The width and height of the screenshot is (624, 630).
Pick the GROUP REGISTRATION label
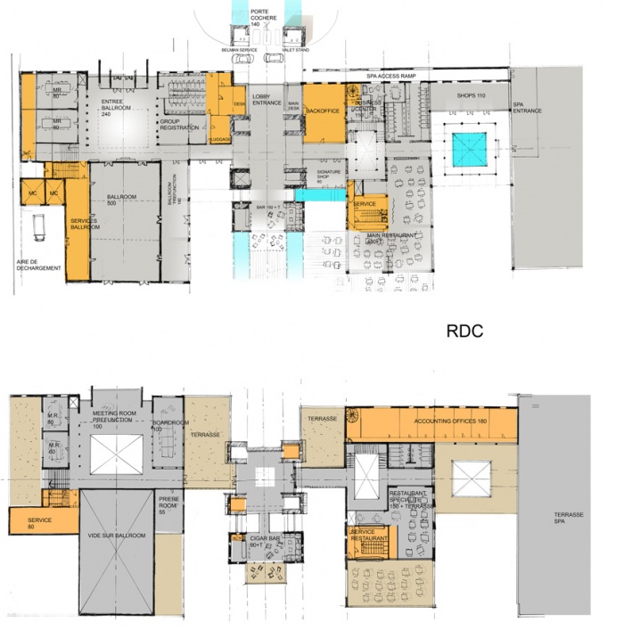(176, 125)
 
